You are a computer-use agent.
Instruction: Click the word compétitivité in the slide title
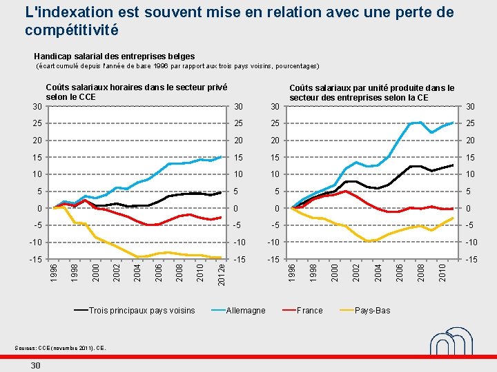71,30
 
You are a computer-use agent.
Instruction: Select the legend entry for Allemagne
246,310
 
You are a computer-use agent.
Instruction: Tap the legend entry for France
309,310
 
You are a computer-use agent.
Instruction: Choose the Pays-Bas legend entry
372,310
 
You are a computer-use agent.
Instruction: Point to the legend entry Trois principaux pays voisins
142,310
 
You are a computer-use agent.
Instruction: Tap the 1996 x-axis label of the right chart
293,269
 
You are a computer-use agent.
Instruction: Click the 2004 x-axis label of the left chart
137,269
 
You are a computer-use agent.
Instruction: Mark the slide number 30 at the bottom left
35,365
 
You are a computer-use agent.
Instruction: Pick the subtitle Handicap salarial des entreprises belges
114,56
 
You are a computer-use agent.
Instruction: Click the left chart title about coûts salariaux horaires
136,92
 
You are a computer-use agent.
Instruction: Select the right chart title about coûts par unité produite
371,92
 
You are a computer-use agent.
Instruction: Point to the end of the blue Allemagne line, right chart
453,123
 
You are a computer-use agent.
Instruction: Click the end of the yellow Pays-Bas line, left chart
221,258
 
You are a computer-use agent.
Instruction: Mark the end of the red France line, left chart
221,217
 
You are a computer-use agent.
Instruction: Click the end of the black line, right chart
453,165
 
